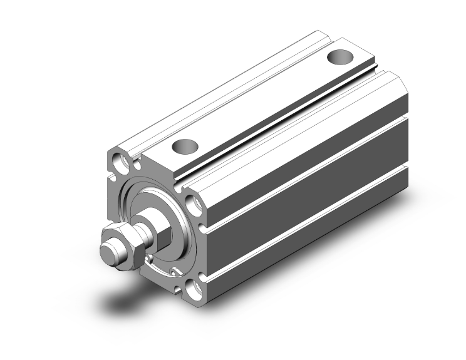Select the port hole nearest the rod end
(186, 147)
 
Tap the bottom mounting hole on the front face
(196, 287)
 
